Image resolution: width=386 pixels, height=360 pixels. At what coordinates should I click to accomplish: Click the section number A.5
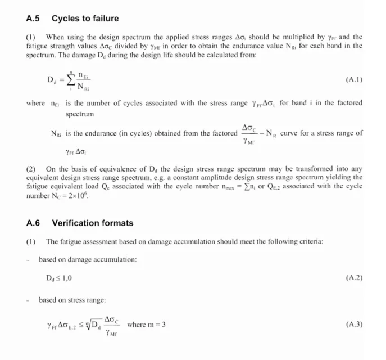pos(33,19)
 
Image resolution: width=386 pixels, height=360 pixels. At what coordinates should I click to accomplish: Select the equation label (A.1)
pos(353,80)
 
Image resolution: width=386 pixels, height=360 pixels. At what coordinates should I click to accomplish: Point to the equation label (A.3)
pos(353,325)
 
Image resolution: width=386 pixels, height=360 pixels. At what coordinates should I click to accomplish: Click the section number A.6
pos(33,223)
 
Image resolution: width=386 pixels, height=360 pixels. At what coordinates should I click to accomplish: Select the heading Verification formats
pos(92,223)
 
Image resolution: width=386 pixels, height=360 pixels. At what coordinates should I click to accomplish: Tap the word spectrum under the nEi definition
pos(80,114)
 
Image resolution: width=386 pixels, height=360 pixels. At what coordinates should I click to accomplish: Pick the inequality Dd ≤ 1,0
pos(59,278)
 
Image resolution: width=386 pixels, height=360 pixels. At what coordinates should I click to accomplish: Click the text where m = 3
pos(147,325)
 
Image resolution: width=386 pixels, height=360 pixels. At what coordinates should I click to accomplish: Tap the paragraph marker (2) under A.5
pos(31,168)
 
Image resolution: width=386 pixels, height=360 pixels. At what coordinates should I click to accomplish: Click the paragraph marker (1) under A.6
pos(31,242)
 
